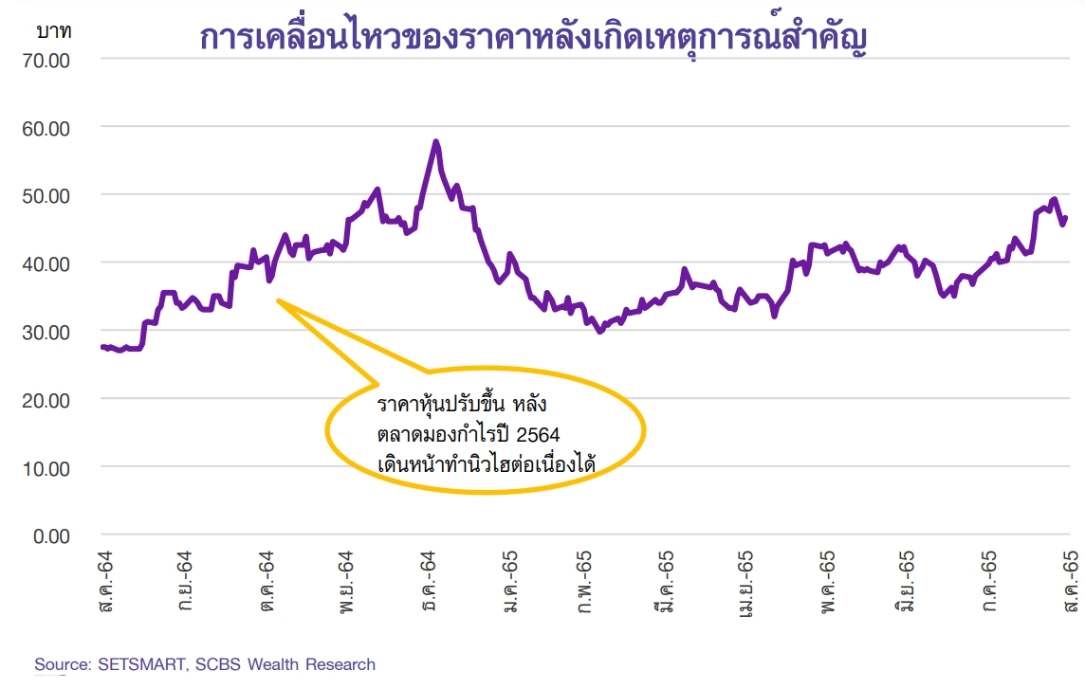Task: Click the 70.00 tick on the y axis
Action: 45,60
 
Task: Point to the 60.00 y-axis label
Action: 45,127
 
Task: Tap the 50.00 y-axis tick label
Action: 45,195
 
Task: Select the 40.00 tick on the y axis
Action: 45,263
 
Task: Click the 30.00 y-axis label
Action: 45,332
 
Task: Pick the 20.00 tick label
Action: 45,400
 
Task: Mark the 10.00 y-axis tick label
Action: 45,468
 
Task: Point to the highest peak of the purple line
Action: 435,142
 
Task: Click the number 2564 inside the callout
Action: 537,435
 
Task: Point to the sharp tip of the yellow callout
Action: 278,300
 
